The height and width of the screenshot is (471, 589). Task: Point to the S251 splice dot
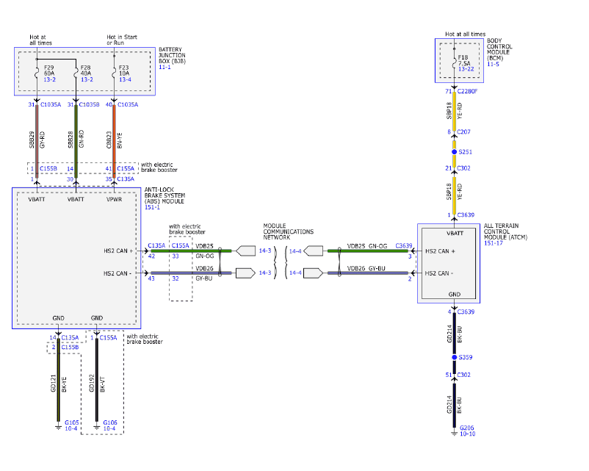pyautogui.click(x=455, y=151)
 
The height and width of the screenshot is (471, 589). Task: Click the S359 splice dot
pyautogui.click(x=455, y=358)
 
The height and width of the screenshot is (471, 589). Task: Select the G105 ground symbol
pyautogui.click(x=59, y=425)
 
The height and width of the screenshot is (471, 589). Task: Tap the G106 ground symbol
pyautogui.click(x=96, y=425)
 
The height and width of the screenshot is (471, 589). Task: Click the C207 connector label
pyautogui.click(x=463, y=132)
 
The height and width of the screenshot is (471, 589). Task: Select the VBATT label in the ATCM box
pyautogui.click(x=455, y=233)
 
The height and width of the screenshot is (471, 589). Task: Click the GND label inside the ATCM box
pyautogui.click(x=455, y=294)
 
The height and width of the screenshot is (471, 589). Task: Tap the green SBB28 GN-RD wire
pyautogui.click(x=76, y=140)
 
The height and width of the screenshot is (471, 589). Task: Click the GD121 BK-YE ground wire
pyautogui.click(x=59, y=382)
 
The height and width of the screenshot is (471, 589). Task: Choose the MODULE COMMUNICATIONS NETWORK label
pyautogui.click(x=288, y=231)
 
